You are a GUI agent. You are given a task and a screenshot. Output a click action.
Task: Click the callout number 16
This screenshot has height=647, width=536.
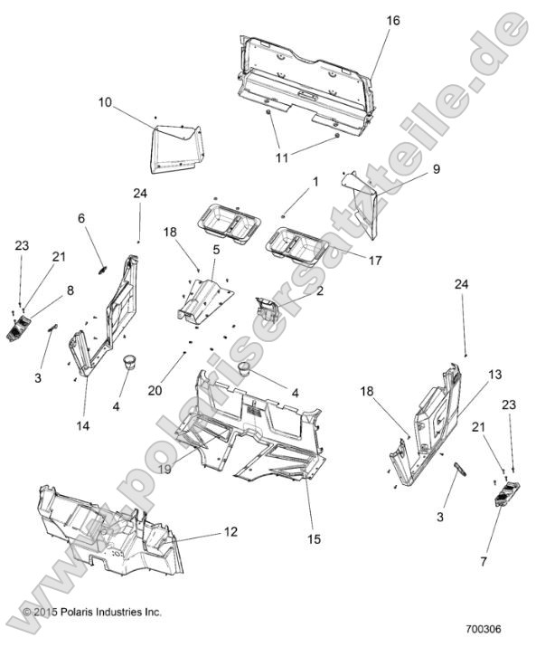(393, 20)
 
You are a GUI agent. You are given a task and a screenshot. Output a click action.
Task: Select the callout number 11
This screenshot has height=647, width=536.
(282, 157)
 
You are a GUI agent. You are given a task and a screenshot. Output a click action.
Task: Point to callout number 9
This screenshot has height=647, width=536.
(410, 169)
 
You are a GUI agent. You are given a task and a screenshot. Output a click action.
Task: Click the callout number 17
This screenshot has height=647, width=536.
(374, 260)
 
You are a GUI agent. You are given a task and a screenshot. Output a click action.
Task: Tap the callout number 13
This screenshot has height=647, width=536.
(469, 373)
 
